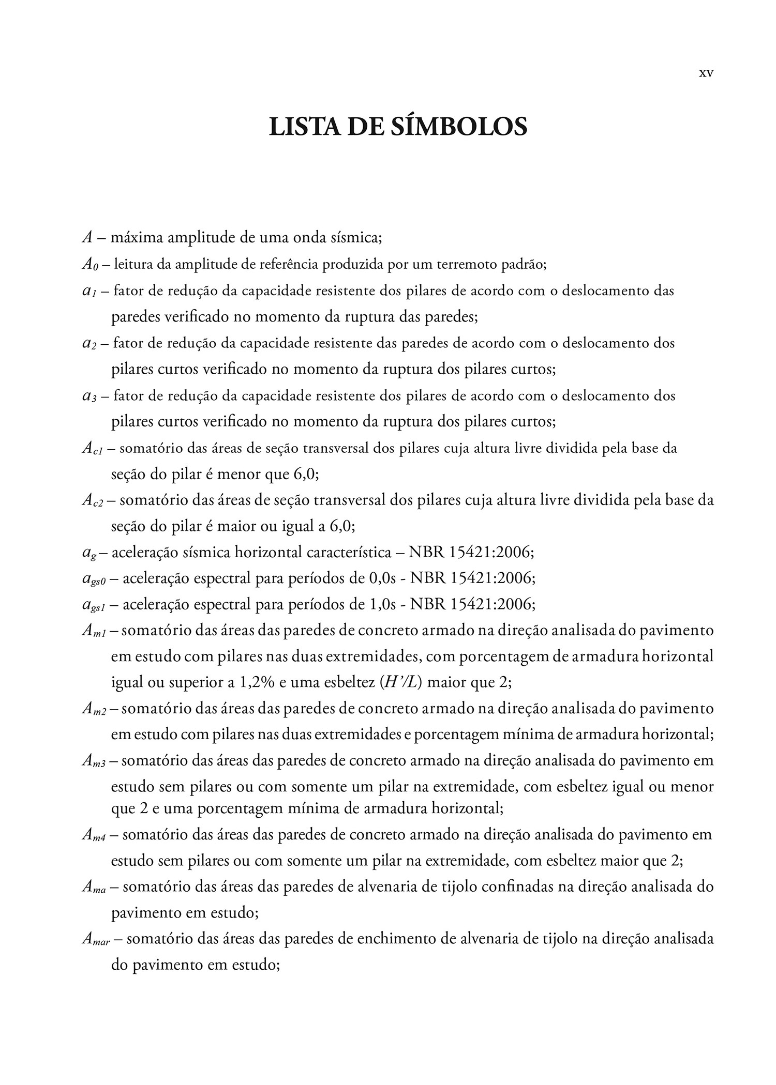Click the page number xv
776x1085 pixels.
pos(706,73)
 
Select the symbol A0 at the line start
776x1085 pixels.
pos(89,265)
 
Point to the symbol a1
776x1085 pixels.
pos(89,291)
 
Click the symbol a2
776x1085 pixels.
pos(89,344)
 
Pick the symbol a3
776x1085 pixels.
pos(89,396)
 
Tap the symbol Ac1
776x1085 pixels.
pos(93,449)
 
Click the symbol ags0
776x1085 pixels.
pos(94,579)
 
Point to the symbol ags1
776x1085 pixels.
pos(94,605)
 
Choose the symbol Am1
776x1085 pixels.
pos(94,632)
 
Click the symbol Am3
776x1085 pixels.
pos(94,761)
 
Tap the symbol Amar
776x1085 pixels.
pos(96,939)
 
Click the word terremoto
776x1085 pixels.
pos(469,265)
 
